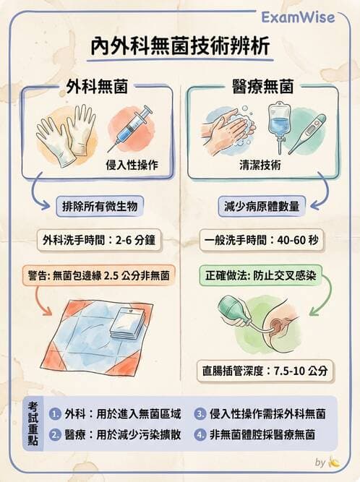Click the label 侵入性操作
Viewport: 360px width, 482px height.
coord(136,163)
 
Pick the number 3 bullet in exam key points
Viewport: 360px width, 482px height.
coord(200,414)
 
